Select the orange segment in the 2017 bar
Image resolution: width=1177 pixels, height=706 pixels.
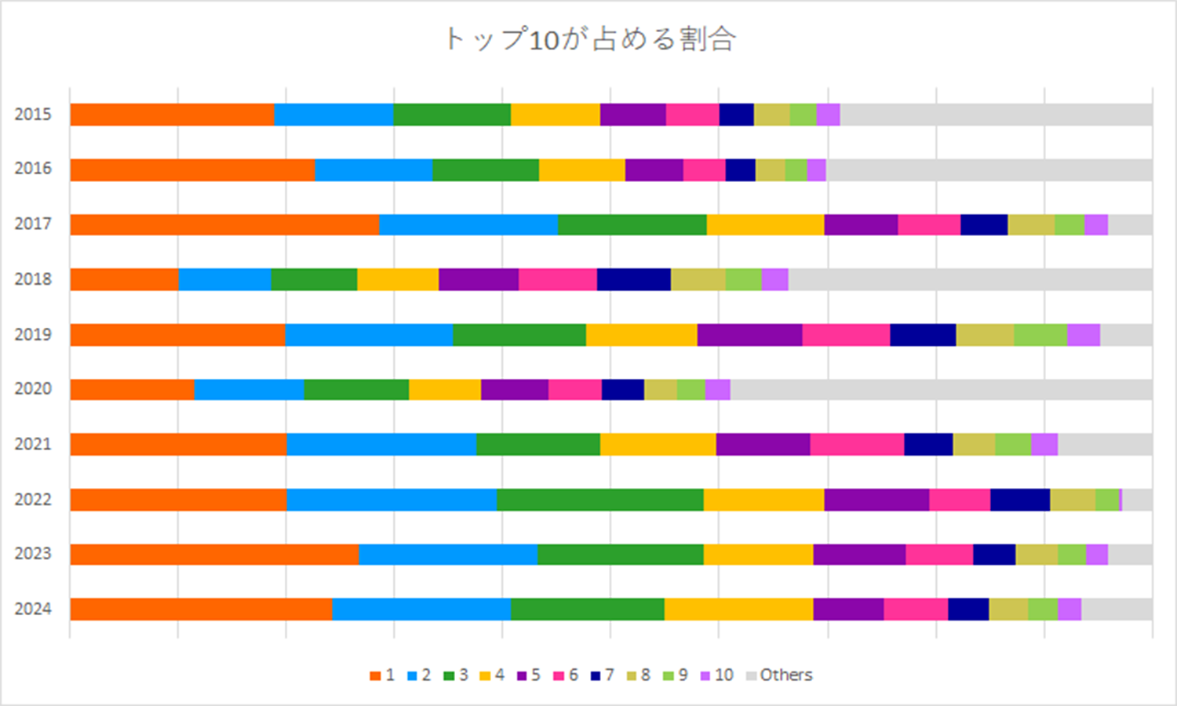(224, 224)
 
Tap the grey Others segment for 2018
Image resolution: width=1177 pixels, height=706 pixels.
(970, 279)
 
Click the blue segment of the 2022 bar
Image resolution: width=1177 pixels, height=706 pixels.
(392, 500)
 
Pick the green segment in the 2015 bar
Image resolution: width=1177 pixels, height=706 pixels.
(452, 115)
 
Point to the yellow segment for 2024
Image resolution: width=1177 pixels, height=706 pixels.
(738, 610)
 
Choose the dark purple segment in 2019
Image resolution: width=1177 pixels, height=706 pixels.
(749, 335)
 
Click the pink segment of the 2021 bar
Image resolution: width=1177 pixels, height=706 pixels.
(857, 445)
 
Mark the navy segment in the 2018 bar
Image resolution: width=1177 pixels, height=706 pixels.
(633, 279)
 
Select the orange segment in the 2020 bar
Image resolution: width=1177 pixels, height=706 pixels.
(132, 390)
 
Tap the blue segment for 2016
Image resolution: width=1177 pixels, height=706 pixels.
(374, 170)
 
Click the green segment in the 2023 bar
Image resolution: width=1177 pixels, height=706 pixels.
(620, 555)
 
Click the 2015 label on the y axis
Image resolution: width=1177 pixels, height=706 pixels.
(33, 115)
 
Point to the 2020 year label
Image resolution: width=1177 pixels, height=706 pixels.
(33, 389)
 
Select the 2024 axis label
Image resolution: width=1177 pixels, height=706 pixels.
(33, 610)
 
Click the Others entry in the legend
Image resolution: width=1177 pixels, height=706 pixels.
(778, 675)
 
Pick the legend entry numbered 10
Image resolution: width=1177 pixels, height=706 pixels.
(716, 675)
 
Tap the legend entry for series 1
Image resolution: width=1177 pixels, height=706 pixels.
(382, 675)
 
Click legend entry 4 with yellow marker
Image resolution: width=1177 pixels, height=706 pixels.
(491, 675)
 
